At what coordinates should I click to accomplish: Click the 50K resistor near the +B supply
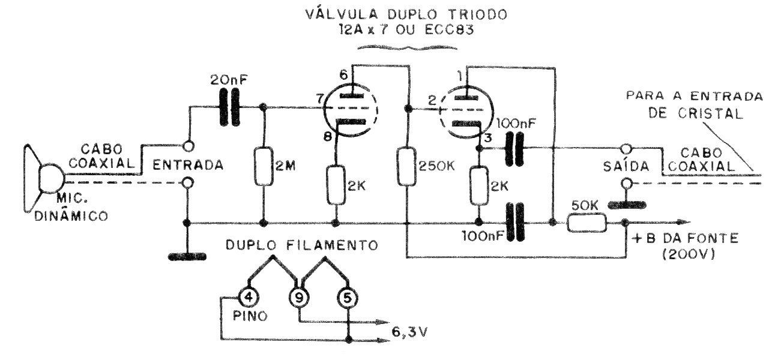586,223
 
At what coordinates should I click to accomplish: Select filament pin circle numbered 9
298,296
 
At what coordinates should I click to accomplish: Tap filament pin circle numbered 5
348,296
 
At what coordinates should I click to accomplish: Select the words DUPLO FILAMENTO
302,245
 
